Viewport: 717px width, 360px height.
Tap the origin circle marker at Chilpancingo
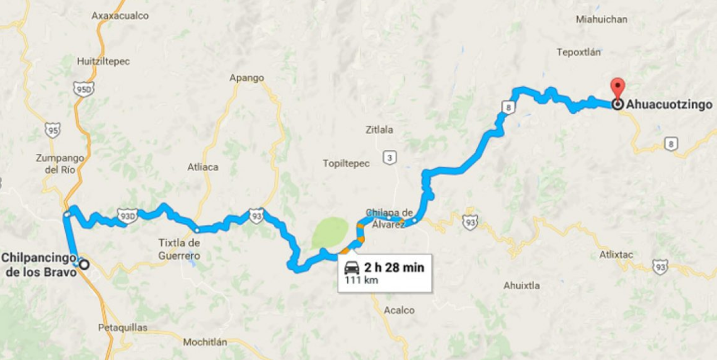click(84, 265)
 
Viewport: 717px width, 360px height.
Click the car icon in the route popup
click(352, 267)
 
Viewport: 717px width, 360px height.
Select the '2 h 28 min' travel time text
click(394, 267)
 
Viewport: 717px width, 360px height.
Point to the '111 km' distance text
click(361, 280)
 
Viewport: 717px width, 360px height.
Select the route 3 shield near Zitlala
click(389, 158)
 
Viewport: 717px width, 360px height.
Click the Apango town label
click(246, 78)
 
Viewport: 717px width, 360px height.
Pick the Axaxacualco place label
click(120, 16)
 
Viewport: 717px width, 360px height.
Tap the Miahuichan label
click(602, 20)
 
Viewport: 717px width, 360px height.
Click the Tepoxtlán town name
click(579, 52)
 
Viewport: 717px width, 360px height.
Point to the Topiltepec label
click(346, 163)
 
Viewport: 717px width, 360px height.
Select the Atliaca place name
click(203, 167)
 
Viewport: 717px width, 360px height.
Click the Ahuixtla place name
click(521, 286)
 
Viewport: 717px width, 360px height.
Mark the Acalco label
click(399, 310)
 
